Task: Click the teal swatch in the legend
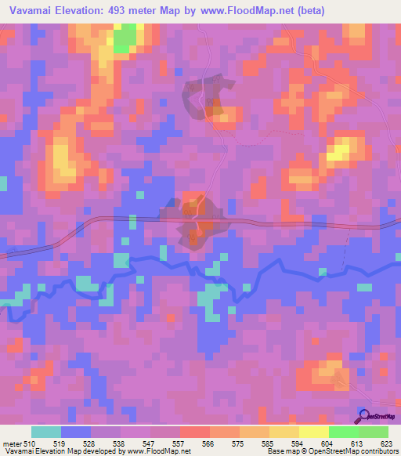coord(46,432)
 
